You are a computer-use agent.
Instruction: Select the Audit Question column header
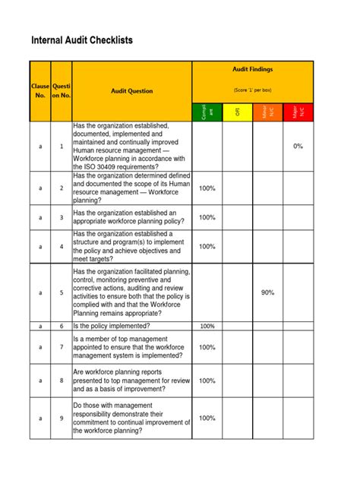click(x=131, y=91)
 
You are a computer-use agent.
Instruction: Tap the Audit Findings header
click(x=252, y=70)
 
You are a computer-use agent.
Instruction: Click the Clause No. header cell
click(x=40, y=91)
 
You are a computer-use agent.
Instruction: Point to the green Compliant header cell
click(x=207, y=111)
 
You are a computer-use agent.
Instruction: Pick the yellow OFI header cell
click(x=237, y=111)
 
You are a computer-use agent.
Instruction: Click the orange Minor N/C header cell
click(x=267, y=111)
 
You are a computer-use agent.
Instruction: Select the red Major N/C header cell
click(x=298, y=111)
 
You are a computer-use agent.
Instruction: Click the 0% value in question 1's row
click(x=298, y=146)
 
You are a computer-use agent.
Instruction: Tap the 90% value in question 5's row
click(x=267, y=292)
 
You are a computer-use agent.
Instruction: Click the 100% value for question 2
click(x=207, y=188)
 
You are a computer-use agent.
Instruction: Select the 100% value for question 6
click(x=207, y=326)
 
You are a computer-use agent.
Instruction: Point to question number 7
click(x=62, y=347)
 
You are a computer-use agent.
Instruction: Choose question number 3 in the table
click(x=62, y=218)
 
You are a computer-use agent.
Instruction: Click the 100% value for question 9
click(x=207, y=418)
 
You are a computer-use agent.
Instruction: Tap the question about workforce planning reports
click(x=131, y=379)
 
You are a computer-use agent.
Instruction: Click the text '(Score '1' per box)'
click(x=252, y=90)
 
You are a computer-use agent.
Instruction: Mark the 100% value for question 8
click(x=207, y=379)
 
